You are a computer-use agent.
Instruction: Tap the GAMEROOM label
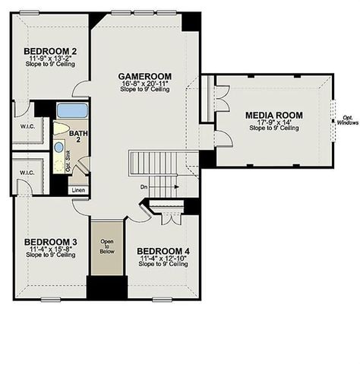pos(144,77)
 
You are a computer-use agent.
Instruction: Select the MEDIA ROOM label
pos(273,115)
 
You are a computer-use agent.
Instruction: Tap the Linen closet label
pos(78,190)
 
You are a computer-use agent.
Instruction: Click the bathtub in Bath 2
pos(73,108)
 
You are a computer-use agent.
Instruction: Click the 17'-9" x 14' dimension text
pos(273,122)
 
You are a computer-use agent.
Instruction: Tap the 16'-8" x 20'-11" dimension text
pos(144,84)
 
